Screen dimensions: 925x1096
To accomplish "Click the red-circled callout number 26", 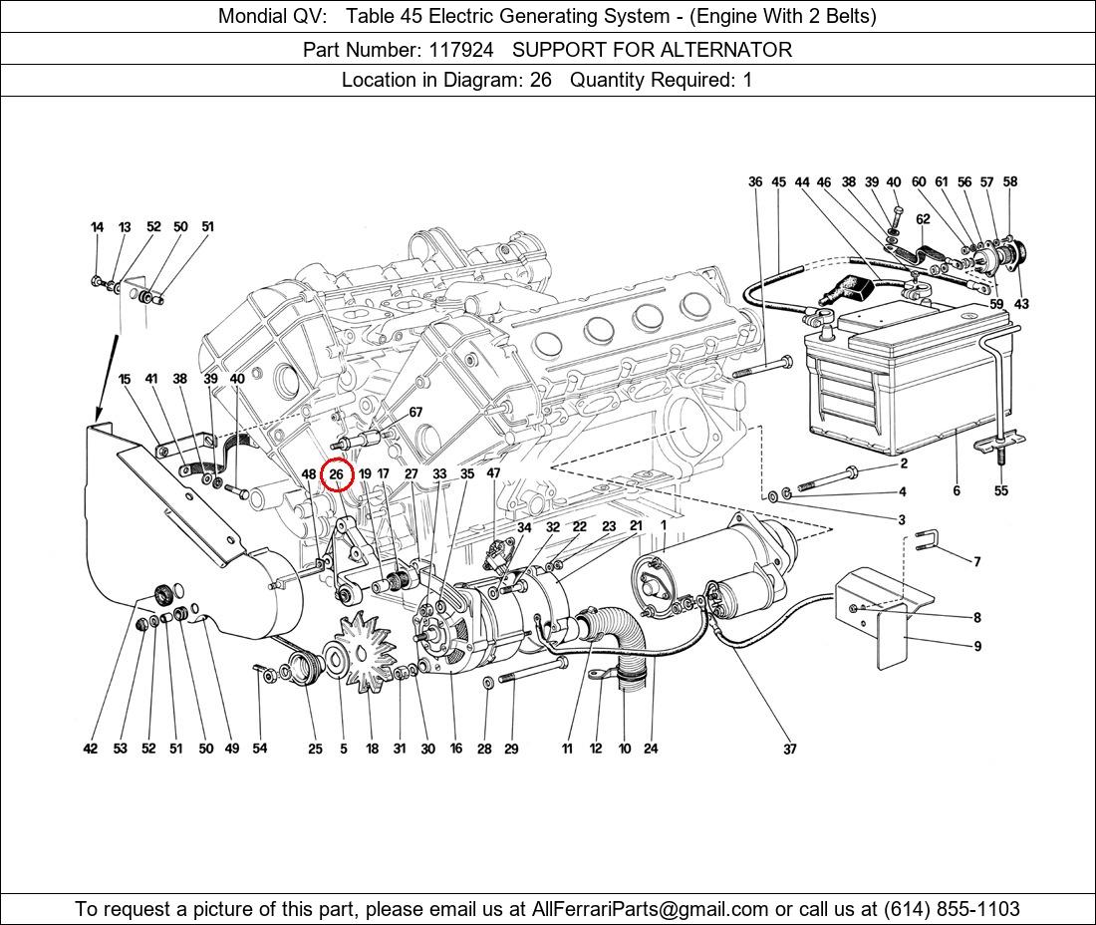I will coord(337,475).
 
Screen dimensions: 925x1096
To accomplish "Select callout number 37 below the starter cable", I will coord(789,750).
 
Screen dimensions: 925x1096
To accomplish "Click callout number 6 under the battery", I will coord(957,491).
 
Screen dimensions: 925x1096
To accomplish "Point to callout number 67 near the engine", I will coord(415,413).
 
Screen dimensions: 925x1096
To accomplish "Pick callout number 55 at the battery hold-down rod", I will coord(1001,491).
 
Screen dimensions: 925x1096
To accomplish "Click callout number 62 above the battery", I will coord(923,219).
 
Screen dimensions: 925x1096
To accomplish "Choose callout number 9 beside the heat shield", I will coord(977,646).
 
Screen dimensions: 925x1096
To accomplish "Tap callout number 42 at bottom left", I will coord(91,750).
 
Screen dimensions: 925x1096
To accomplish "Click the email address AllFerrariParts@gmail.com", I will coord(650,908).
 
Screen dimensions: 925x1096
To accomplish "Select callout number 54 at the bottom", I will coord(259,750).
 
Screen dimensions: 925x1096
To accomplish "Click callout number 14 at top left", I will coord(97,227).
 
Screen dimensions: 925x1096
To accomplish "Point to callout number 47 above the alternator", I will coord(493,474).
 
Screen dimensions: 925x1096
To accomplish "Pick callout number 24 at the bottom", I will coord(651,750).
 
